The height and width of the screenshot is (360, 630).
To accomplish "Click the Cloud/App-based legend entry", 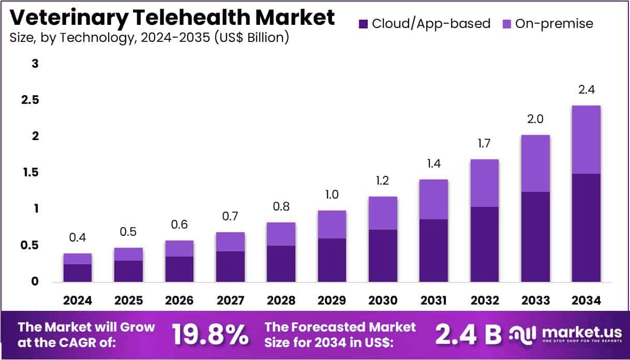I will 424,23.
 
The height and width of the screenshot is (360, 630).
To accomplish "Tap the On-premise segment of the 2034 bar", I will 586,140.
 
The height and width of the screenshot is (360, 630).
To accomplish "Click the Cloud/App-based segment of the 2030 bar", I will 383,256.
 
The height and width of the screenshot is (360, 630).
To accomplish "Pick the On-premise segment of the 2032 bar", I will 484,183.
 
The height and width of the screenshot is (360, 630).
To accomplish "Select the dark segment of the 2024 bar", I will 78,273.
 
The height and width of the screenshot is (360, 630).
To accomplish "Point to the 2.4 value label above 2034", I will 587,89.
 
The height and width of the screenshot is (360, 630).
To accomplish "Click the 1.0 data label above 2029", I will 332,195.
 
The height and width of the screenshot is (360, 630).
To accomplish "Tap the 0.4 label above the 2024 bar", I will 78,238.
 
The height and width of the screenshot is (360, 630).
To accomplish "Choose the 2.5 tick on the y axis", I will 31,100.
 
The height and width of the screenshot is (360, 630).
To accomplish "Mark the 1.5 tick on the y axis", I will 31,173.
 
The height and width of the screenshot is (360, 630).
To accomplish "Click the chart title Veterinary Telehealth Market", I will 172,18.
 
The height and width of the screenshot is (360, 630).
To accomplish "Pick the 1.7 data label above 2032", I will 484,144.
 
